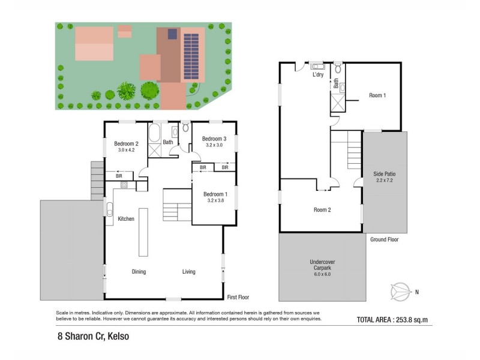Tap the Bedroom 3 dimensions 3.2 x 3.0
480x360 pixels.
tap(214, 145)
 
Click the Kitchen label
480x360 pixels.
tap(125, 219)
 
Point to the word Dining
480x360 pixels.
tap(139, 272)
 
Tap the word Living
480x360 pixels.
tap(189, 272)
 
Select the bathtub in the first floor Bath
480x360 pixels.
tap(154, 133)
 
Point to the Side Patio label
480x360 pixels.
tap(385, 173)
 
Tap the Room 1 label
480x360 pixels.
tap(377, 95)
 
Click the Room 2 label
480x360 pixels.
tap(322, 210)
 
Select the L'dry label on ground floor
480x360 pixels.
tap(318, 75)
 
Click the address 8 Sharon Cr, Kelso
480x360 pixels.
tap(89, 337)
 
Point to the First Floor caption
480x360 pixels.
tap(238, 298)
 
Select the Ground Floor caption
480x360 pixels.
tap(385, 239)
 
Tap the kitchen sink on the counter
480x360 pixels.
tap(110, 209)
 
